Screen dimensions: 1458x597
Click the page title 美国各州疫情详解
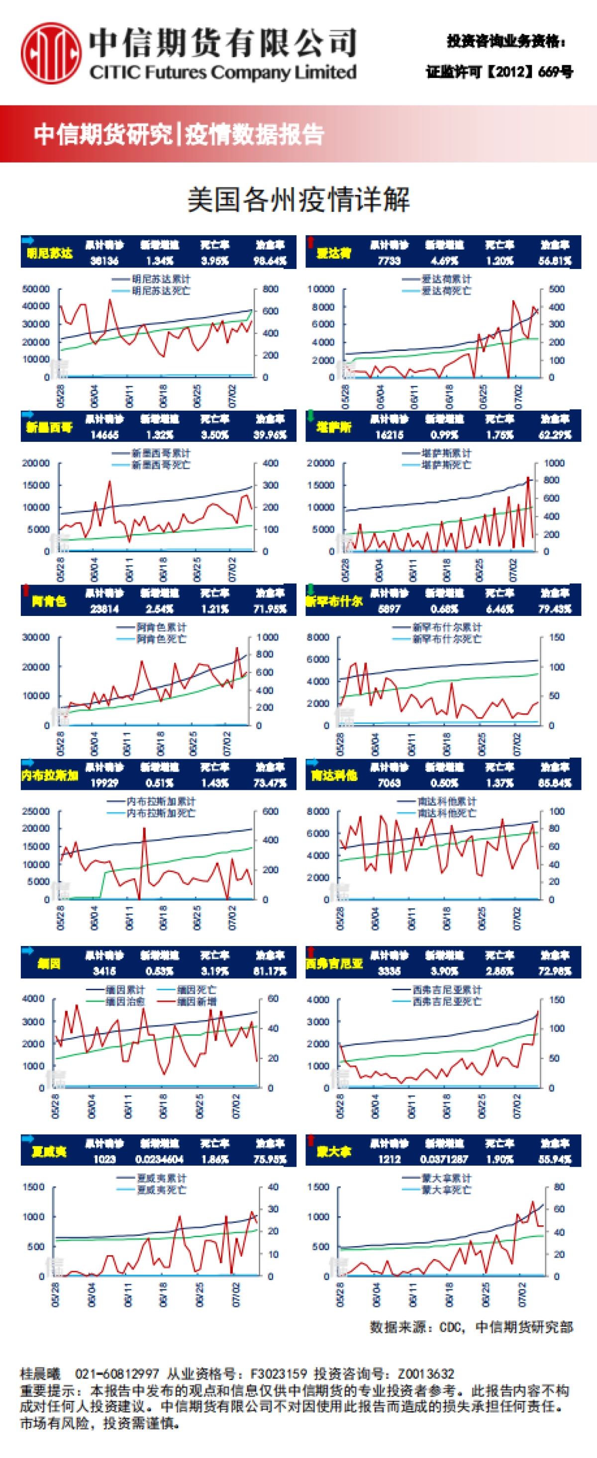click(298, 200)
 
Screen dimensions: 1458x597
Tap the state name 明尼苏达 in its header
click(50, 253)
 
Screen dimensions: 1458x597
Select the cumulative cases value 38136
click(104, 261)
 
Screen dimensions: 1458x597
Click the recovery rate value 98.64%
click(270, 261)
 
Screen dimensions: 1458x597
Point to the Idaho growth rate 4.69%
click(444, 261)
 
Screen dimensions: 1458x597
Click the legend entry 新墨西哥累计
click(161, 453)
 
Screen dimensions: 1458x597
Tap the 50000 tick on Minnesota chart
click(36, 289)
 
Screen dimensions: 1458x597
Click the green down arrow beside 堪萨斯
click(310, 416)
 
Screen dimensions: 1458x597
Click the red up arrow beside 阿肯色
click(25, 591)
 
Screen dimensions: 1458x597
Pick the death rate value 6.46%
click(499, 609)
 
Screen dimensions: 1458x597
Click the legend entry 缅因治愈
click(126, 1002)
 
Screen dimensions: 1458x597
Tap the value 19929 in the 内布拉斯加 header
click(104, 783)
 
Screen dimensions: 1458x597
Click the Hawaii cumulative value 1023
click(104, 1160)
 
